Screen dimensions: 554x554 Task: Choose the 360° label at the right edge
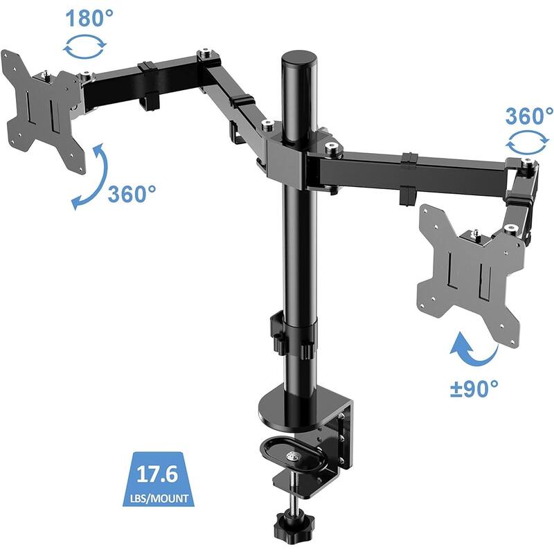(529, 115)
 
